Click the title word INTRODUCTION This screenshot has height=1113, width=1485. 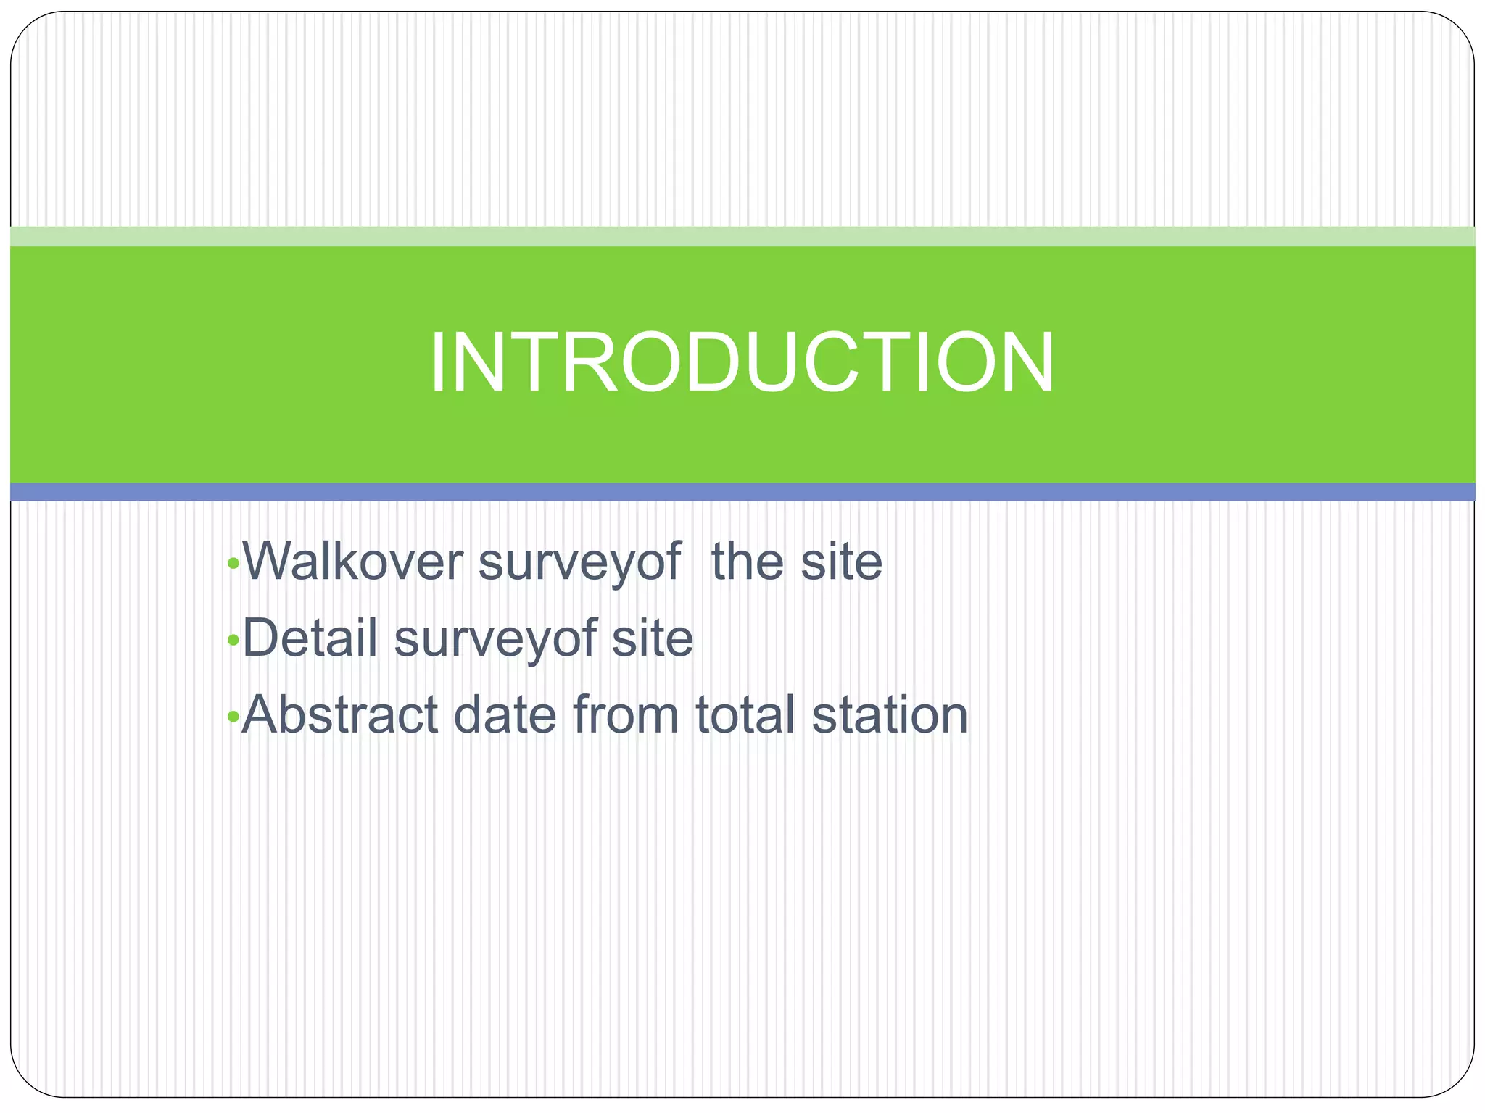click(x=741, y=362)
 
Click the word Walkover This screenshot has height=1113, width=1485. click(x=352, y=562)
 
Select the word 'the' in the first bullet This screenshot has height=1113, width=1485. click(x=748, y=562)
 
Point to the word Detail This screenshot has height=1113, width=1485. click(x=310, y=638)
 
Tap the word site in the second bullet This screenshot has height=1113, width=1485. click(x=652, y=638)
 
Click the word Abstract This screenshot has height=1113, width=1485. click(x=340, y=715)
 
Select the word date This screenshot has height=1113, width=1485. click(x=505, y=715)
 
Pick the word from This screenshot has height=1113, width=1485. click(x=626, y=715)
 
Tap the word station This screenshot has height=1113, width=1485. click(x=890, y=715)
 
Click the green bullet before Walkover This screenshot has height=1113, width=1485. click(x=233, y=563)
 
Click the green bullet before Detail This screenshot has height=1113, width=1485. click(x=233, y=640)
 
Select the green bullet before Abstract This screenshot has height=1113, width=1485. click(x=233, y=717)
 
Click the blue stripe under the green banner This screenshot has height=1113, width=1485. click(x=742, y=492)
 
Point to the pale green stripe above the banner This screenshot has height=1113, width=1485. click(x=742, y=236)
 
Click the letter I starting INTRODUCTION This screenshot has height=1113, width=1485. click(x=438, y=362)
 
